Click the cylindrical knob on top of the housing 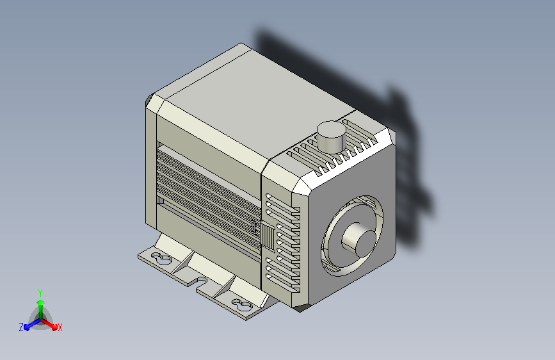[x=331, y=137]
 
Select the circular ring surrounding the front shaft [x=352, y=236]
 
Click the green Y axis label [x=40, y=293]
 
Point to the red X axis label [x=60, y=327]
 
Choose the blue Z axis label [x=21, y=327]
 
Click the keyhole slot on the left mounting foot [x=161, y=259]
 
